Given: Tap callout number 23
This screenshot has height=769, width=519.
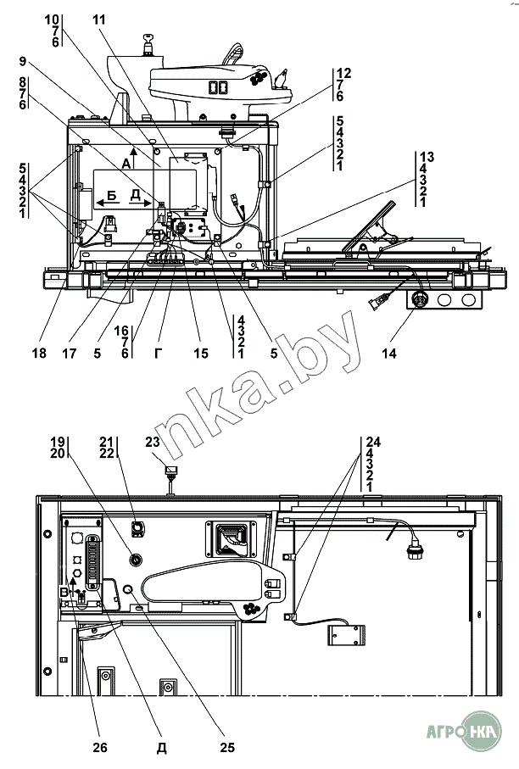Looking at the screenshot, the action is (x=153, y=441).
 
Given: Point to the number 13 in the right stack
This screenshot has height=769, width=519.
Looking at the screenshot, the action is (x=426, y=157).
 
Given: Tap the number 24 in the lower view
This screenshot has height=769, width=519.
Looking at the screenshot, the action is (x=375, y=441).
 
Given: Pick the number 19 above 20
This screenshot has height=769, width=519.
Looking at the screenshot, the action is (x=57, y=441).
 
